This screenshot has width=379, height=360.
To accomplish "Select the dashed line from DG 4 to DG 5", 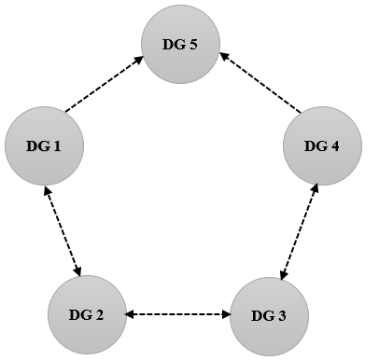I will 260,85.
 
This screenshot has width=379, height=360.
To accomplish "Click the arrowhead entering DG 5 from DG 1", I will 139,59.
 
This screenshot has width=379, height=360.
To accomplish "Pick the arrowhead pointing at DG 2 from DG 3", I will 132,313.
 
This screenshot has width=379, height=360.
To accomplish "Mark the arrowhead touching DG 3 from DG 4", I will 284,272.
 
